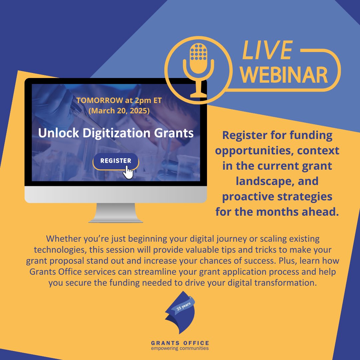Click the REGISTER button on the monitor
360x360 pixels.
click(x=115, y=161)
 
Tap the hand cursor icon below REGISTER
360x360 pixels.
click(x=128, y=172)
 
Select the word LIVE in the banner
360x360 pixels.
click(x=267, y=51)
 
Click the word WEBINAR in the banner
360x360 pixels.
click(x=285, y=75)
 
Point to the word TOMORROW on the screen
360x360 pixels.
click(x=96, y=101)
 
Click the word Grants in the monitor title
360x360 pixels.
click(x=175, y=133)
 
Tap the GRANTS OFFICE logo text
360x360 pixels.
click(x=180, y=343)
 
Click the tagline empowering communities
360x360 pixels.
click(x=180, y=349)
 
